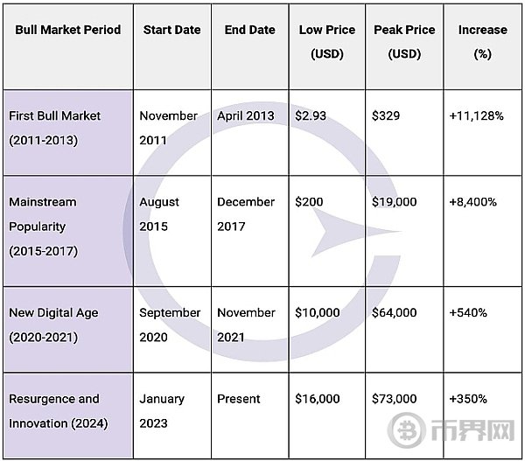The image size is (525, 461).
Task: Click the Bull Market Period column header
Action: (66, 30)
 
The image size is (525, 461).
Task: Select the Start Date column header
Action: (171, 30)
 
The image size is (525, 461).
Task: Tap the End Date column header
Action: (249, 30)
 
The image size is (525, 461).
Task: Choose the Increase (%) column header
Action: (482, 41)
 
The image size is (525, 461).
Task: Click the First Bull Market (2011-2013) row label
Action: (55, 128)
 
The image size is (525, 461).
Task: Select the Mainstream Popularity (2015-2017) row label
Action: (43, 226)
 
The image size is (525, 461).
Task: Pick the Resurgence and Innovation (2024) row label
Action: (54, 410)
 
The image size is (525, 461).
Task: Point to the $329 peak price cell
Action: (386, 115)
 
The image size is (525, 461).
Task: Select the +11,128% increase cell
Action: (475, 115)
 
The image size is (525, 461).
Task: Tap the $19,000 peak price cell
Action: (394, 201)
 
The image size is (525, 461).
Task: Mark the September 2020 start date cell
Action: (170, 325)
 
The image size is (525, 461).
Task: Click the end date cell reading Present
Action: (239, 398)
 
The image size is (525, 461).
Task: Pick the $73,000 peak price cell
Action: (394, 398)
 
